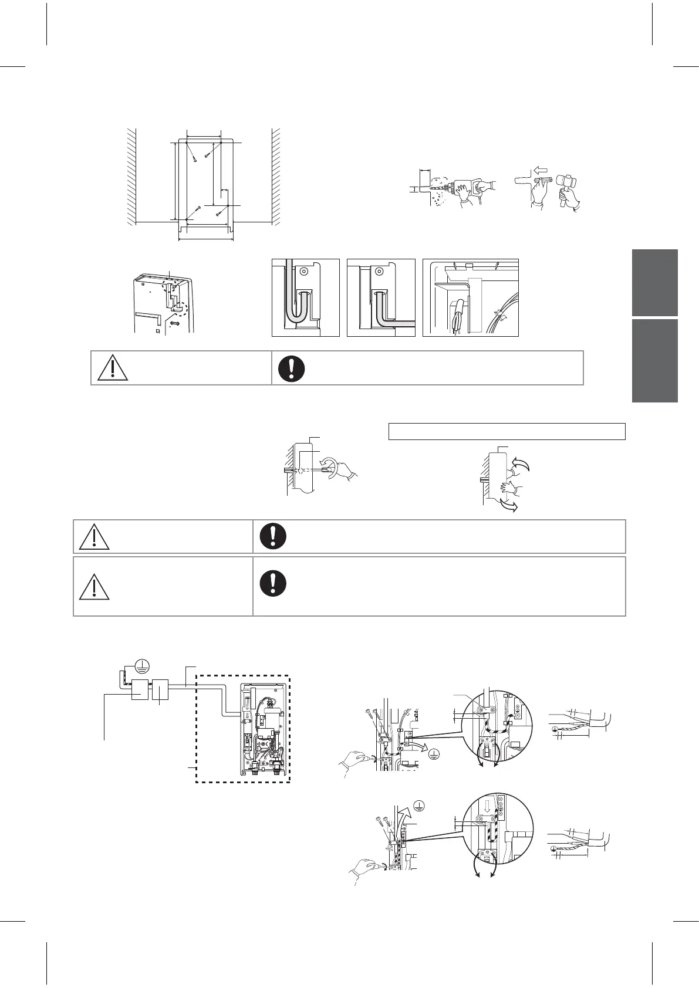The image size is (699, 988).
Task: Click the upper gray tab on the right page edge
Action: pos(655,283)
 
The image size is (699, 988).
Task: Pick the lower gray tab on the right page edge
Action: pos(655,361)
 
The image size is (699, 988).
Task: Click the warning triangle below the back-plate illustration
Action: pos(109,367)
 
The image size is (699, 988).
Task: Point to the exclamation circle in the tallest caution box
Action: pos(273,581)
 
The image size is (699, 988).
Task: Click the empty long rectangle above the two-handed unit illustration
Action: pos(506,431)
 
